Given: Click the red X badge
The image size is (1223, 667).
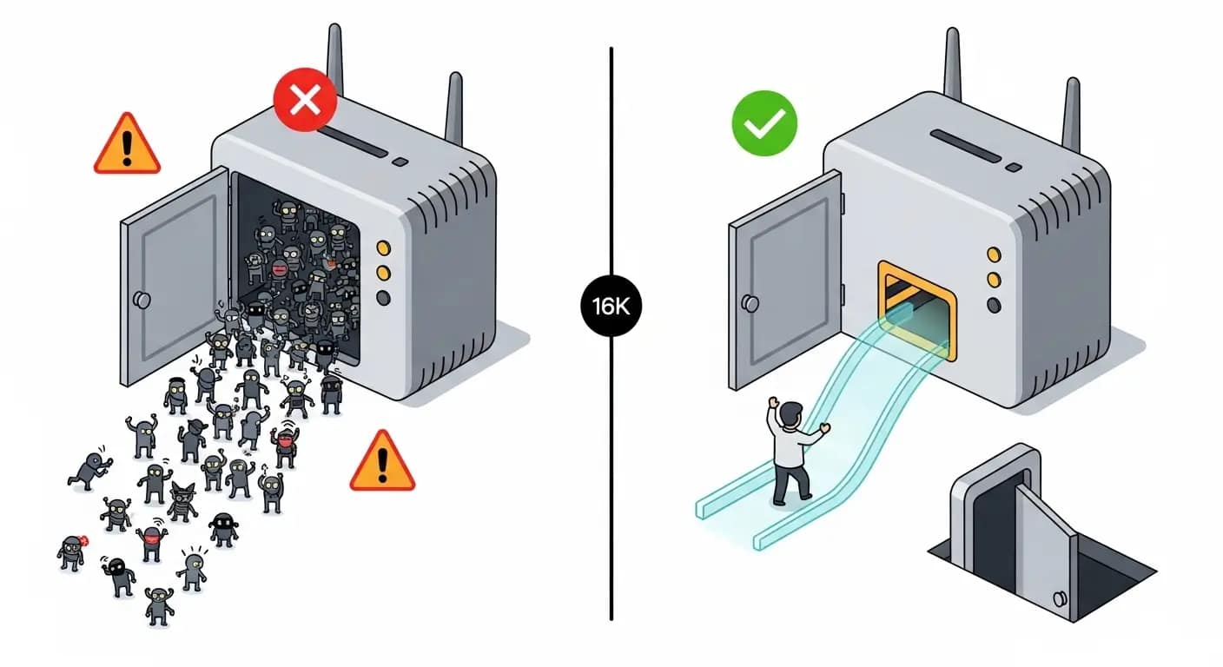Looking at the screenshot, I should click(x=304, y=101).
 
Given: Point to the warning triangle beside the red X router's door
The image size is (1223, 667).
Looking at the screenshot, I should click(x=127, y=145).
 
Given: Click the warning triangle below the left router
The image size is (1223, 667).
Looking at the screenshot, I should click(x=382, y=464).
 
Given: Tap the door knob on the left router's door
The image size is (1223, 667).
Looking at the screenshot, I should click(x=141, y=300).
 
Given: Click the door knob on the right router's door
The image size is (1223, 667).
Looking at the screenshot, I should click(x=749, y=303).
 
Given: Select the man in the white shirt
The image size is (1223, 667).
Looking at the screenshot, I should click(x=792, y=449).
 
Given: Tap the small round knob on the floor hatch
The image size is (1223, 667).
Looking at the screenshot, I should click(x=1060, y=598).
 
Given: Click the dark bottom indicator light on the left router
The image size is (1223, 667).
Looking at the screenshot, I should click(x=383, y=298).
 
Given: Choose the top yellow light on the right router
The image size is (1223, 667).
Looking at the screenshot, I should click(x=994, y=254).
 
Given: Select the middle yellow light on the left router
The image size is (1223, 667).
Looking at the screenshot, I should click(x=383, y=273).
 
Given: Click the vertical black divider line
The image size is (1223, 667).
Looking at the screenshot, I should click(x=611, y=478).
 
